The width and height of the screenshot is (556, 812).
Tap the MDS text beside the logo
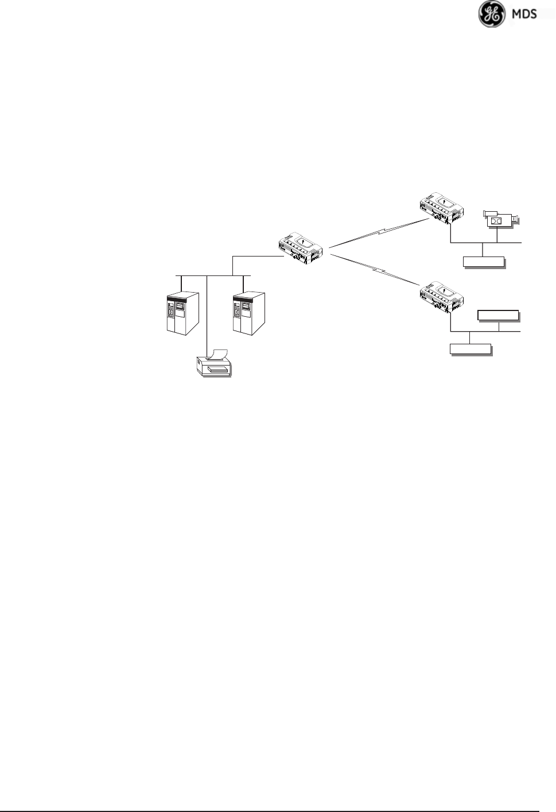click(x=523, y=13)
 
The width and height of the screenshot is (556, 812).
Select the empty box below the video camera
click(x=484, y=262)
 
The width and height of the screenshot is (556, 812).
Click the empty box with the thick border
click(x=497, y=315)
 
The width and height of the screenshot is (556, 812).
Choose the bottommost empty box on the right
click(x=471, y=349)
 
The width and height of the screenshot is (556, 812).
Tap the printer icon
click(x=213, y=364)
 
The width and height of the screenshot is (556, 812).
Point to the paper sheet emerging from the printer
click(x=219, y=351)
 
